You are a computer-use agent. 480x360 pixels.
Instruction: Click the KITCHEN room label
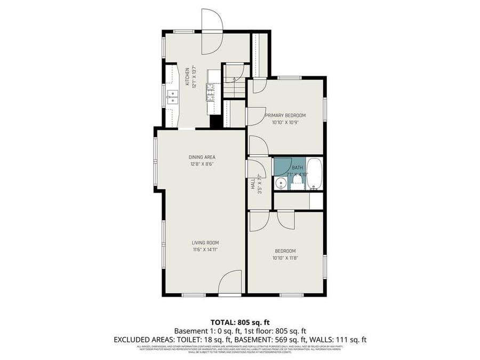pyautogui.click(x=187, y=76)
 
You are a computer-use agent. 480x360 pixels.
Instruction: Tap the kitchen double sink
pyautogui.click(x=172, y=96)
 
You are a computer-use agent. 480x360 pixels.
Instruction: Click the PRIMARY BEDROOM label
pyautogui.click(x=285, y=115)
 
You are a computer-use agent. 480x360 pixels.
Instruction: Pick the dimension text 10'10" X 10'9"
pyautogui.click(x=285, y=122)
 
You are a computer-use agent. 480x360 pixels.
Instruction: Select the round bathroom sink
pyautogui.click(x=281, y=183)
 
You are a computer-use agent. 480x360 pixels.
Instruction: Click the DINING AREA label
pyautogui.click(x=202, y=157)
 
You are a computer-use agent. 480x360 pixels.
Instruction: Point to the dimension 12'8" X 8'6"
pyautogui.click(x=202, y=164)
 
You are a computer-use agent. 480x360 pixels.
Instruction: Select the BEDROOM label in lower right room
pyautogui.click(x=285, y=251)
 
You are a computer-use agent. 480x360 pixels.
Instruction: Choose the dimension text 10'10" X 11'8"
pyautogui.click(x=285, y=258)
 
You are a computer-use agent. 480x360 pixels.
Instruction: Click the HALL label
pyautogui.click(x=253, y=183)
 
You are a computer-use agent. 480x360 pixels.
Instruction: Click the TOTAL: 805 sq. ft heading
pyautogui.click(x=240, y=322)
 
